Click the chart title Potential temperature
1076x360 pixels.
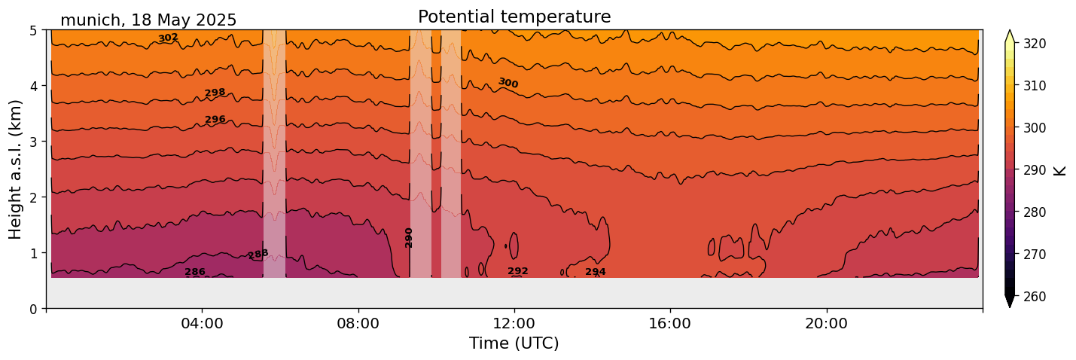coord(514,17)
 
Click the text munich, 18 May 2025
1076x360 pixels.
coord(148,20)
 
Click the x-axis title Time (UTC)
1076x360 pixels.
coord(514,343)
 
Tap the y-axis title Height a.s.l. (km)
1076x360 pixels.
coord(16,169)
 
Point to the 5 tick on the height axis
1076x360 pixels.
coord(34,30)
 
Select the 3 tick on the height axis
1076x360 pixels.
coord(34,142)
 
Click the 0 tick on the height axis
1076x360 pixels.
coord(34,309)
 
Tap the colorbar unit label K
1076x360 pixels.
coord(1060,170)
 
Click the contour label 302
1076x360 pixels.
coord(168,38)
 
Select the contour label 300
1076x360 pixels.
coord(508,83)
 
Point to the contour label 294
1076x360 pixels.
coord(596,272)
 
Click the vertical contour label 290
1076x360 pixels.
coord(409,237)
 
